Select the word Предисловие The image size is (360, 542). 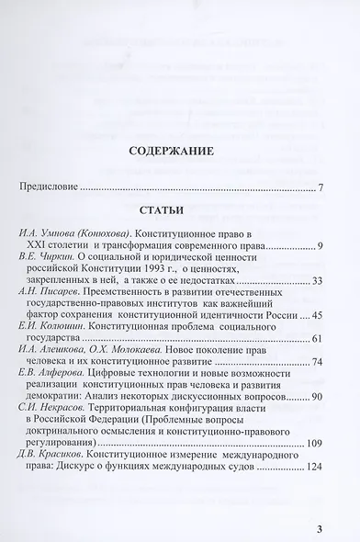click(x=48, y=188)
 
